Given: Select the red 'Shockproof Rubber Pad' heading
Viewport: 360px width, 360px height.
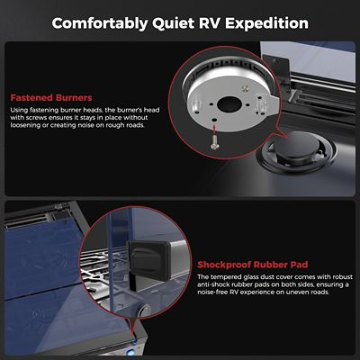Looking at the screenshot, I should [x=252, y=266].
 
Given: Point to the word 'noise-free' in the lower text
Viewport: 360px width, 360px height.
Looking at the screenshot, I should [x=217, y=298].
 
